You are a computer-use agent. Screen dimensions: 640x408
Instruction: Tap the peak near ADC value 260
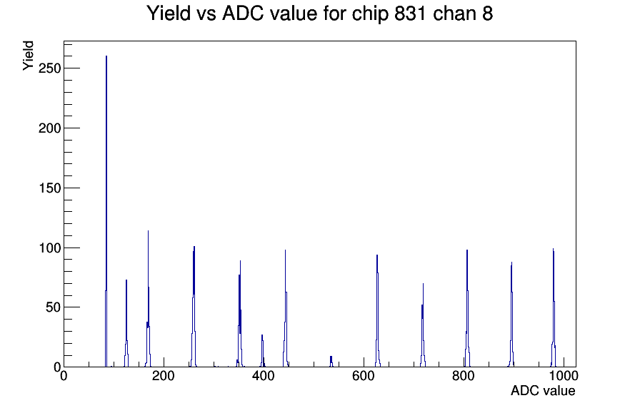(194, 307)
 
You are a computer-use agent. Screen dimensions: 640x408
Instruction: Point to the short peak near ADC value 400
(262, 351)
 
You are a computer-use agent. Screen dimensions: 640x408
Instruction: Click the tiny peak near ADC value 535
(331, 362)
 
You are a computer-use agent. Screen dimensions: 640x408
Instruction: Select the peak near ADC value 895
(511, 315)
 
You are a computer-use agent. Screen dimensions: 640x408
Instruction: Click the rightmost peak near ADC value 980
(554, 307)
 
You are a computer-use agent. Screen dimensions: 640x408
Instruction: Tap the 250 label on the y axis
(49, 68)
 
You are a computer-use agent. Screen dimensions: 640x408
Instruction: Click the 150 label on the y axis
(49, 188)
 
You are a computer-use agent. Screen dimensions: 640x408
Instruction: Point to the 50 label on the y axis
(53, 307)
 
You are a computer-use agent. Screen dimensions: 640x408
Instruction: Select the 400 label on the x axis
(264, 376)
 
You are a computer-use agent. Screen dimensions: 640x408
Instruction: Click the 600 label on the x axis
(364, 376)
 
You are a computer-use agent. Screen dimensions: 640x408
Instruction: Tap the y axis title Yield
(28, 56)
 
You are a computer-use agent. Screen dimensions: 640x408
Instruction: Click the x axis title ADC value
(543, 391)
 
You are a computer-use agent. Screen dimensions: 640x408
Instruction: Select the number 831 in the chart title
(410, 14)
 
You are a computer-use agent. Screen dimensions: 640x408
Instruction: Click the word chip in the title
(370, 14)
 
